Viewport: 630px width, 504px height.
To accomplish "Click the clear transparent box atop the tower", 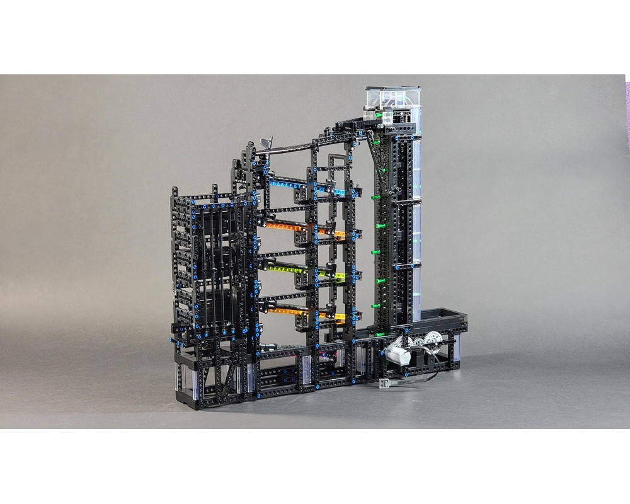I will click(x=393, y=98).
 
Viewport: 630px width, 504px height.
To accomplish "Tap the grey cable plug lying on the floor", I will click(x=382, y=382).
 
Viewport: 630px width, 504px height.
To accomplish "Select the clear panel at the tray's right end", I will click(x=457, y=346).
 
